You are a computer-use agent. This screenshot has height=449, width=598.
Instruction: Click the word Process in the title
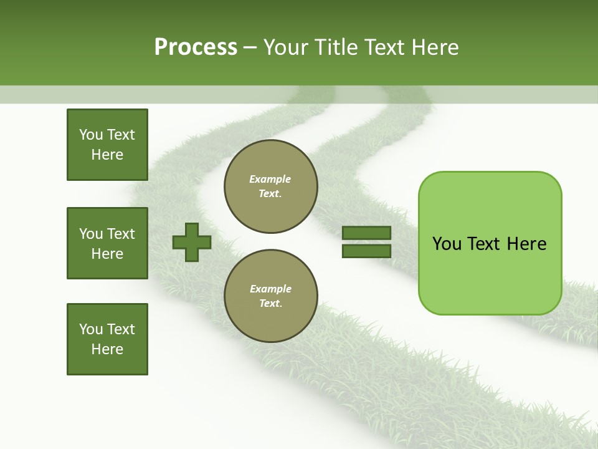tap(196, 47)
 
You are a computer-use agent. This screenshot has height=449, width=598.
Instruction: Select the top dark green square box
tap(107, 145)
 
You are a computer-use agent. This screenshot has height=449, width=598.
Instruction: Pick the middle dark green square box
tap(107, 243)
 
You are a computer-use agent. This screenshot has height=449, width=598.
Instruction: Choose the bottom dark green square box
tap(107, 339)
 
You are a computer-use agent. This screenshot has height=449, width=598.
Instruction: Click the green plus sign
tap(192, 242)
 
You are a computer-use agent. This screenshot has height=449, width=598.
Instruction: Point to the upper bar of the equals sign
tap(366, 233)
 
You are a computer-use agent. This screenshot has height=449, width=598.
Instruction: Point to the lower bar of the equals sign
tap(366, 251)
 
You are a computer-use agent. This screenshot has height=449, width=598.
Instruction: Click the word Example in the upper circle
tap(270, 179)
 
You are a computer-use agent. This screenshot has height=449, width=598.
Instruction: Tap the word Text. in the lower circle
tap(270, 304)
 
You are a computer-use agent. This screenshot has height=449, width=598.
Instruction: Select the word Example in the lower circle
tap(270, 289)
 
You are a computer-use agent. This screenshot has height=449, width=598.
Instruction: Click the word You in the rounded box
tap(447, 244)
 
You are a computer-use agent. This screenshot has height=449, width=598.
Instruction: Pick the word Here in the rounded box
tap(526, 244)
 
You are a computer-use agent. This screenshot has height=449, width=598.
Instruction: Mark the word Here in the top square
tap(107, 155)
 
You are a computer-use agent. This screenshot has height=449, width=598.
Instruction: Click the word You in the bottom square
tap(91, 329)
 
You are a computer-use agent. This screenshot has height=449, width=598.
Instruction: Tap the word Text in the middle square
tap(121, 234)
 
